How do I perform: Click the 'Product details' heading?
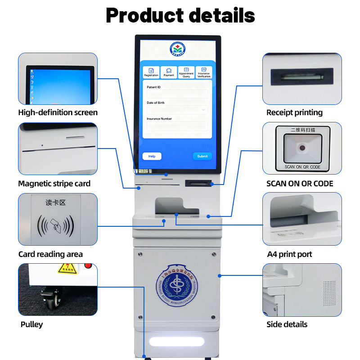click(x=180, y=16)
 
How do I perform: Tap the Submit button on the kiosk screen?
click(x=202, y=156)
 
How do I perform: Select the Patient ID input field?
click(x=177, y=94)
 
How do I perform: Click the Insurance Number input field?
click(x=177, y=126)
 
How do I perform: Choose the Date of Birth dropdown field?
click(x=177, y=109)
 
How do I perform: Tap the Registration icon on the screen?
click(x=151, y=72)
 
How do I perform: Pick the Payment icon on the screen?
click(x=169, y=72)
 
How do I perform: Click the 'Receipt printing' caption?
click(x=294, y=112)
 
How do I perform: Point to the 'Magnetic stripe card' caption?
click(x=54, y=183)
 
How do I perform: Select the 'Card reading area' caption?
click(x=50, y=254)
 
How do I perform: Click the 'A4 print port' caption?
click(x=289, y=254)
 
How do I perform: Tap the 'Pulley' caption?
click(x=32, y=324)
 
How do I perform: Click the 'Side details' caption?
click(x=287, y=324)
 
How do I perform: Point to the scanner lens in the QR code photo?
click(x=302, y=148)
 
